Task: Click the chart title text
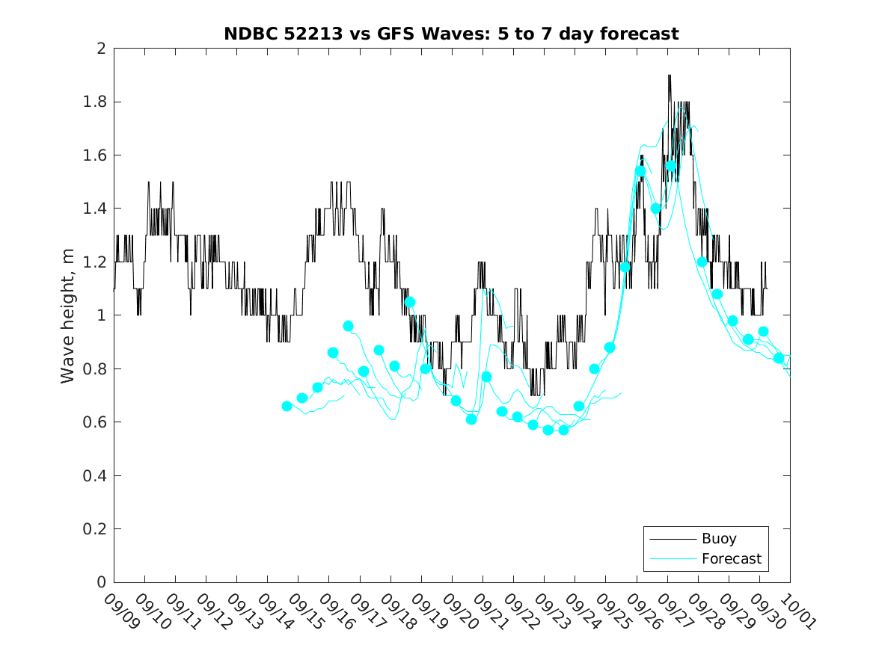pos(451,34)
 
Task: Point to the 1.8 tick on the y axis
pos(95,102)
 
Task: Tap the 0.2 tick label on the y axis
pos(95,529)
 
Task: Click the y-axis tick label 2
pos(100,49)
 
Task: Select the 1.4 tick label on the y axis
pos(95,209)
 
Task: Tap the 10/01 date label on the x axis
pos(797,611)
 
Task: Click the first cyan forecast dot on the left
pos(287,406)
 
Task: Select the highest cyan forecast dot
pos(671,166)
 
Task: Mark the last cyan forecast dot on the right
pos(779,358)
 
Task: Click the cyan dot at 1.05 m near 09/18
pos(410,302)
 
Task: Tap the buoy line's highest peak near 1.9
pos(669,75)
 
